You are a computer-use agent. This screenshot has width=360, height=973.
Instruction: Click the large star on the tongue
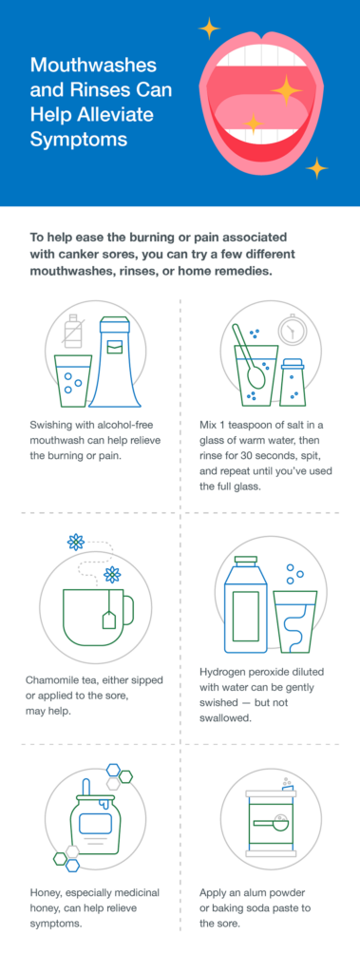click(284, 89)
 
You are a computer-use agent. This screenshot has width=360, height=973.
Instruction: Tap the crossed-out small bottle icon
click(71, 333)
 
